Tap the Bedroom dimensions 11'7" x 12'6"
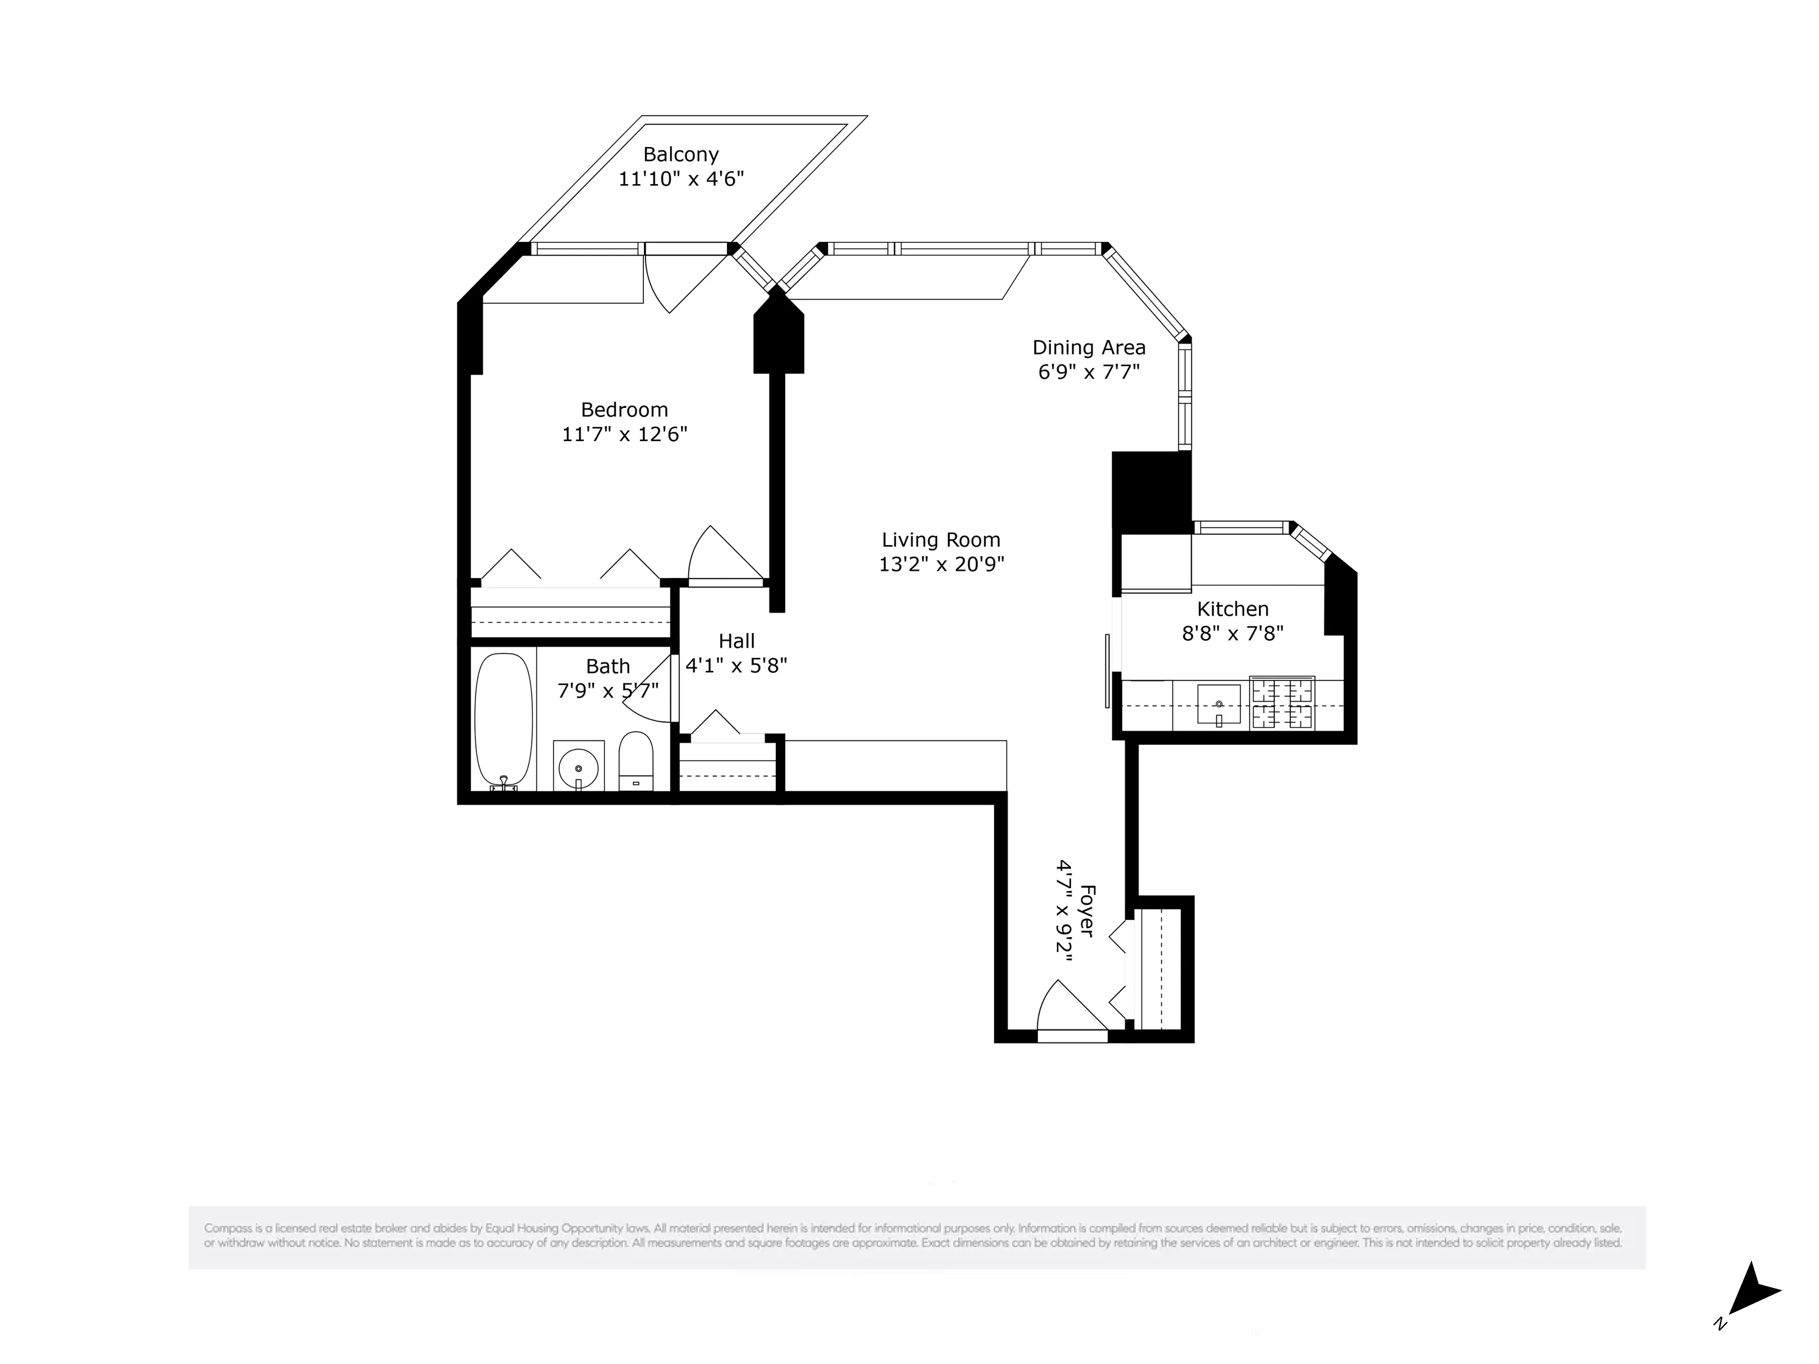[x=624, y=434]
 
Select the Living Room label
[x=941, y=540]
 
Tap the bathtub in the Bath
[x=503, y=720]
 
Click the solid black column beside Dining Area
[x=1151, y=491]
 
